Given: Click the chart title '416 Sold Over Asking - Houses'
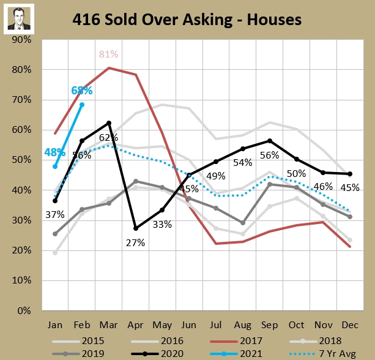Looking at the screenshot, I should [x=187, y=20].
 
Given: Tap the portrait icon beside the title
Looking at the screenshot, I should [x=19, y=20].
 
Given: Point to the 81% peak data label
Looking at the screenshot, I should [x=108, y=54].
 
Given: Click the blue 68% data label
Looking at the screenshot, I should [x=81, y=91].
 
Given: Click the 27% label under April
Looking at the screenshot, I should [x=136, y=242].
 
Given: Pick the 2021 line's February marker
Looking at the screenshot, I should [x=82, y=105].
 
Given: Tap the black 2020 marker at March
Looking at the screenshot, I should [x=109, y=123].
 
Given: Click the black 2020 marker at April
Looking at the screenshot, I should [x=135, y=228].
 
